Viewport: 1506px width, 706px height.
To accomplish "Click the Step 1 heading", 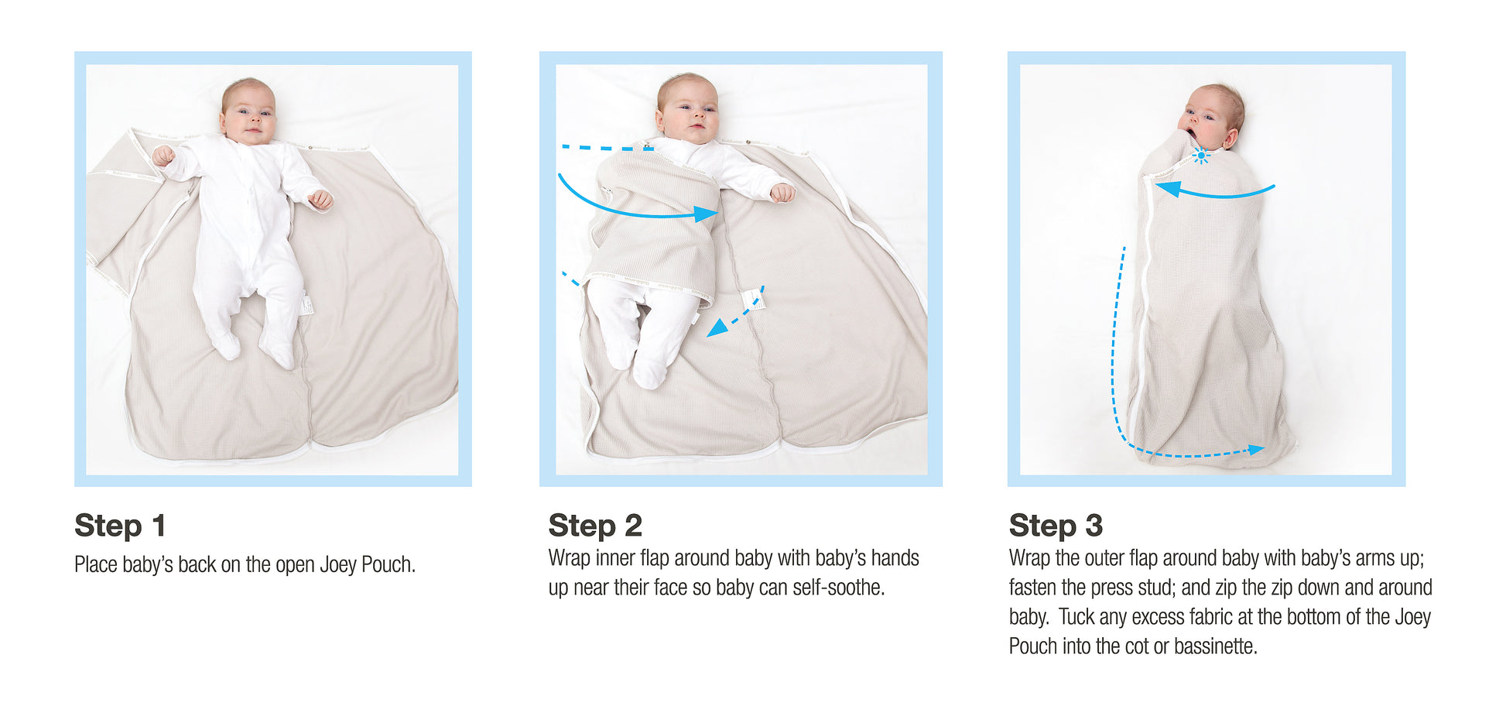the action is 120,526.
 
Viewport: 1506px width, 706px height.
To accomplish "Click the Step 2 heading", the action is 595,526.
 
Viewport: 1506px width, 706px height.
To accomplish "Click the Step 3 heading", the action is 1056,526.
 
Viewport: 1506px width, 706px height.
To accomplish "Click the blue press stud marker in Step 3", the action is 1200,156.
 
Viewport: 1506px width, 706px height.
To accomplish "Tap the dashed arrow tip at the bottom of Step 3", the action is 1258,449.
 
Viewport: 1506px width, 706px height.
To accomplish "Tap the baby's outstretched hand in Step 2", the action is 782,192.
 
